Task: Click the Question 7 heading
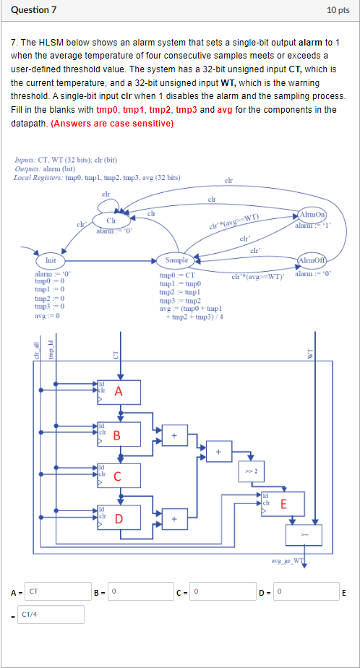click(35, 10)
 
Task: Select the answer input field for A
click(58, 592)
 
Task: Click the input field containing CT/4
click(51, 615)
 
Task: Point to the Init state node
click(51, 260)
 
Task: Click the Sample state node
click(177, 260)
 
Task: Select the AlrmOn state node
click(312, 215)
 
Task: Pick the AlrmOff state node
click(312, 261)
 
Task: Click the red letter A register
click(119, 391)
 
